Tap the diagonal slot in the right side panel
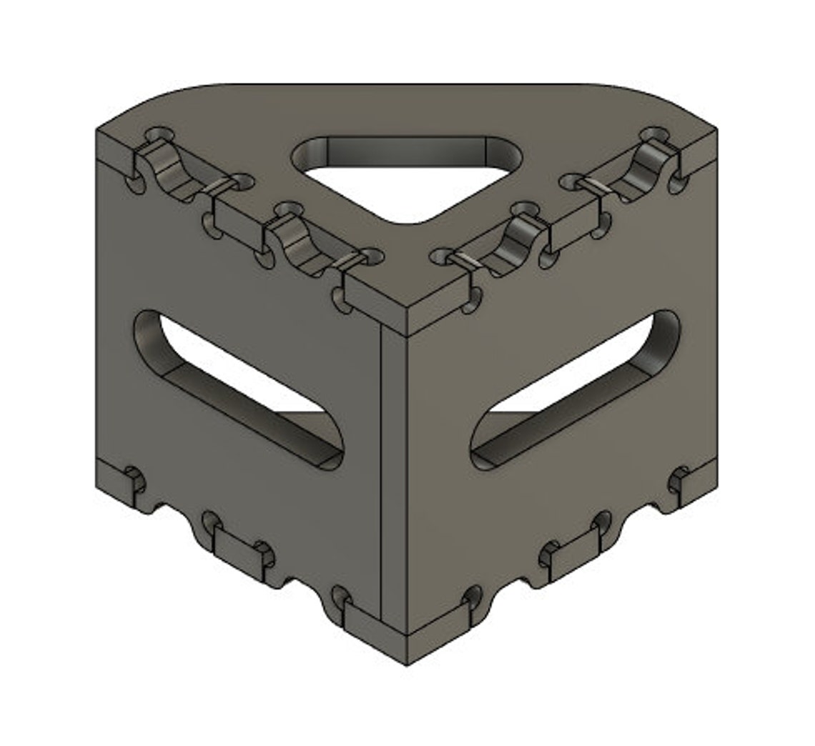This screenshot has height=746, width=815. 576,389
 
